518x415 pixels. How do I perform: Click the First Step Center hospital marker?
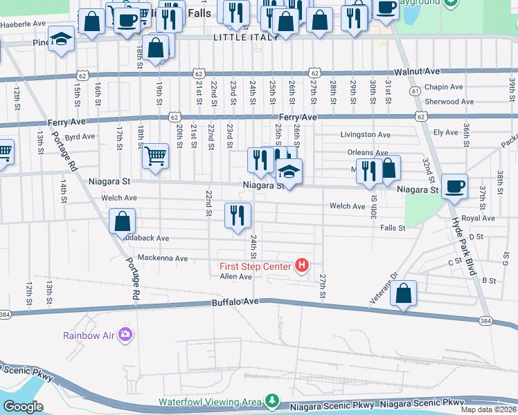[302, 266]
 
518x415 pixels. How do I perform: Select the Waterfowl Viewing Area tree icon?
[272, 401]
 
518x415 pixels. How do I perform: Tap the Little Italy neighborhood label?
[244, 37]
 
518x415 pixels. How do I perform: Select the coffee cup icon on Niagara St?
[454, 186]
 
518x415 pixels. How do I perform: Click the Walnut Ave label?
[418, 71]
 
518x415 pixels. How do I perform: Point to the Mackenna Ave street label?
[163, 258]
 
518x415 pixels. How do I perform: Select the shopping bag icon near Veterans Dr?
[404, 293]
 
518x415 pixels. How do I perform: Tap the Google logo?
[23, 407]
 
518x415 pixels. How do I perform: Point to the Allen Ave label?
[235, 277]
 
